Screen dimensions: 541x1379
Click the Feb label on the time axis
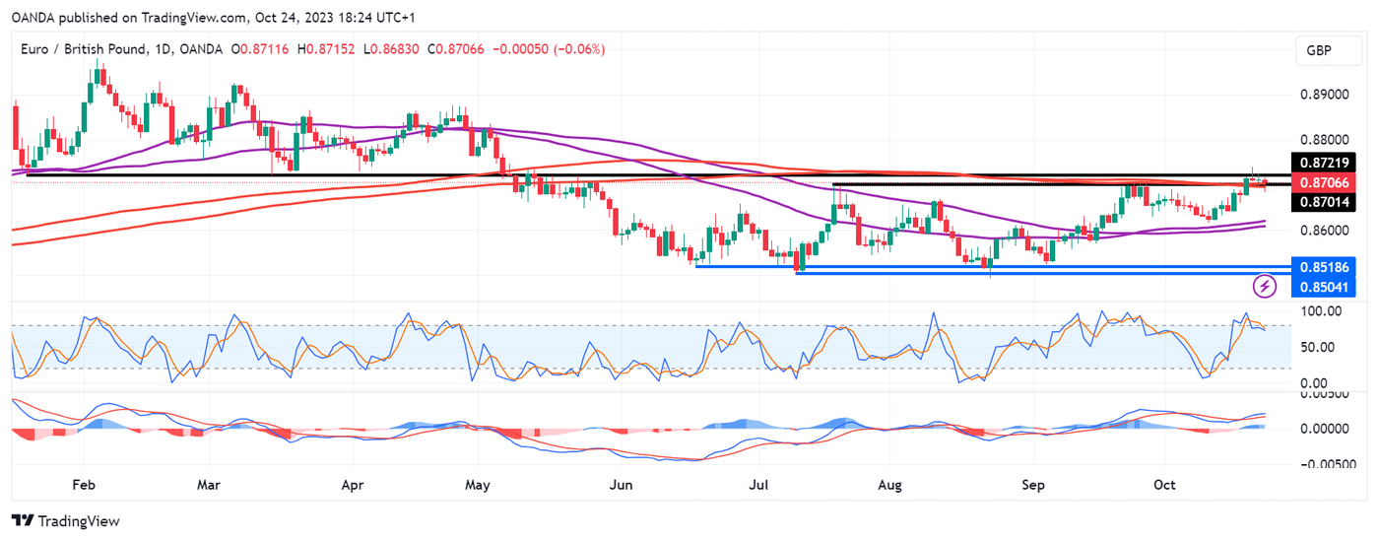pyautogui.click(x=84, y=485)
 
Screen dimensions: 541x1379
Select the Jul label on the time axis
pyautogui.click(x=758, y=485)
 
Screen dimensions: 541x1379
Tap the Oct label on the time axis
pyautogui.click(x=1165, y=485)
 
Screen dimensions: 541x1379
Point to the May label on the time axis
pyautogui.click(x=477, y=485)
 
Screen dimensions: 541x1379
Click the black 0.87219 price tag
pyautogui.click(x=1325, y=162)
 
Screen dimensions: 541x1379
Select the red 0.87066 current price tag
pyautogui.click(x=1325, y=182)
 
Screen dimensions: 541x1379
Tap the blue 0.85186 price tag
pyautogui.click(x=1325, y=266)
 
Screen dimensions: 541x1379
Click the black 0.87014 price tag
pyautogui.click(x=1325, y=202)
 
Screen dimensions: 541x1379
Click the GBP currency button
pyautogui.click(x=1319, y=50)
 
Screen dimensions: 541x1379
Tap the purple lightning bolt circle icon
pyautogui.click(x=1265, y=287)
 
